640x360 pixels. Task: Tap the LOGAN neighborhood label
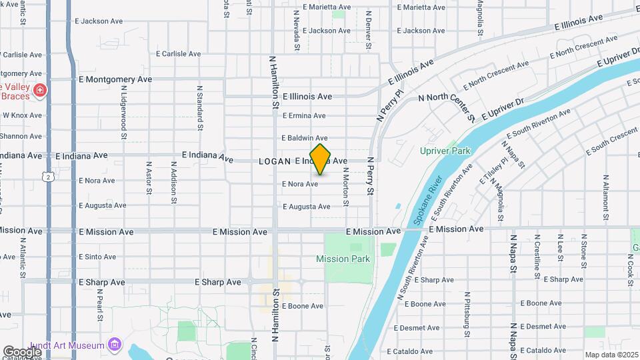275,161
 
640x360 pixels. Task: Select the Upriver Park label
445,151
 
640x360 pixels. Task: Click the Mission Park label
343,259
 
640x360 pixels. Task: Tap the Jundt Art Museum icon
115,345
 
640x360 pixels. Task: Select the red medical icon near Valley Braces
40,89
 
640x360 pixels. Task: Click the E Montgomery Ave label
115,79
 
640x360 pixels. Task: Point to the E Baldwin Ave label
305,138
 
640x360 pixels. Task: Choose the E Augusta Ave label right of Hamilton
306,207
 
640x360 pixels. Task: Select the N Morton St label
346,187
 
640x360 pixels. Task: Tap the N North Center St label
446,98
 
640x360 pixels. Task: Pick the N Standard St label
199,107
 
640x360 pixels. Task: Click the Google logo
22,351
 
